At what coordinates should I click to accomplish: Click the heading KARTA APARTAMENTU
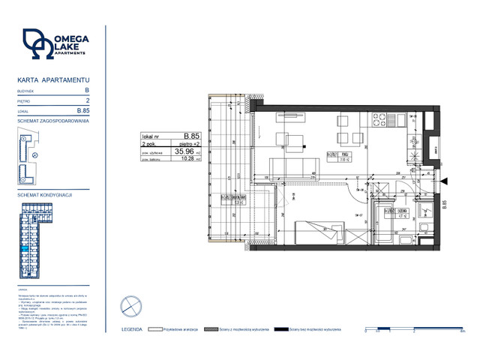pyautogui.click(x=53, y=79)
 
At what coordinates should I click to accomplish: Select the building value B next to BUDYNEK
pyautogui.click(x=87, y=89)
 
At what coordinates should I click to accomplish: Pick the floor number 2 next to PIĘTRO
pyautogui.click(x=88, y=100)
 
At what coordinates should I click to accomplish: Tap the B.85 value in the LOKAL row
pyautogui.click(x=83, y=110)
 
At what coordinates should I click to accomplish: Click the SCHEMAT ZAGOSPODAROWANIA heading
pyautogui.click(x=52, y=121)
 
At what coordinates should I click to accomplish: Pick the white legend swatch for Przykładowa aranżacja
pyautogui.click(x=156, y=329)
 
